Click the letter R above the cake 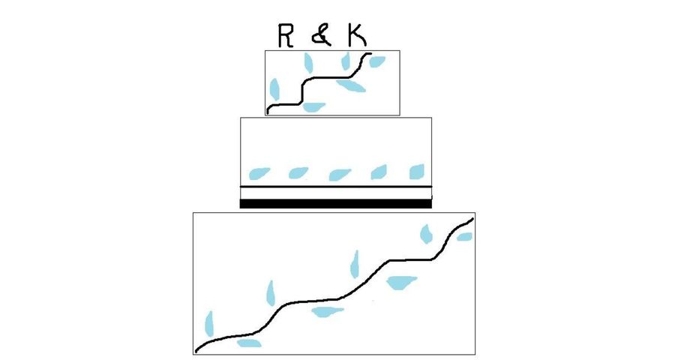tap(283, 35)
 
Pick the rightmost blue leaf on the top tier tap(376, 61)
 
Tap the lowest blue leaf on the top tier tap(313, 106)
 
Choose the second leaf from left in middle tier tap(298, 172)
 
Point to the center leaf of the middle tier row tap(340, 174)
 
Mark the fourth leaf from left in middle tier tap(379, 172)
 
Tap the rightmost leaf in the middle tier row tap(416, 171)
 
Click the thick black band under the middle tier tap(335, 203)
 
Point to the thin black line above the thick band tap(335, 187)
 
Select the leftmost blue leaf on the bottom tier tap(208, 323)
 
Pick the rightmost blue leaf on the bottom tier tap(465, 237)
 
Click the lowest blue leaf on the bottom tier tap(248, 343)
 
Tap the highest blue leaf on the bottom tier tap(426, 234)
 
